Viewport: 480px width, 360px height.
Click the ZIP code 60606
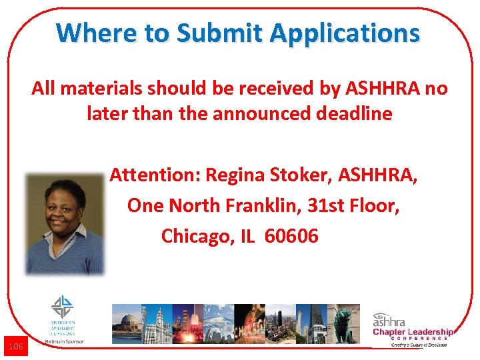291,235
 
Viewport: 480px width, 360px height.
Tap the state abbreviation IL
246,235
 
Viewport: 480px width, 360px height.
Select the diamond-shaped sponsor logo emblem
62,307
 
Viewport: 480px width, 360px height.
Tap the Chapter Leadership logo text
412,332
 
